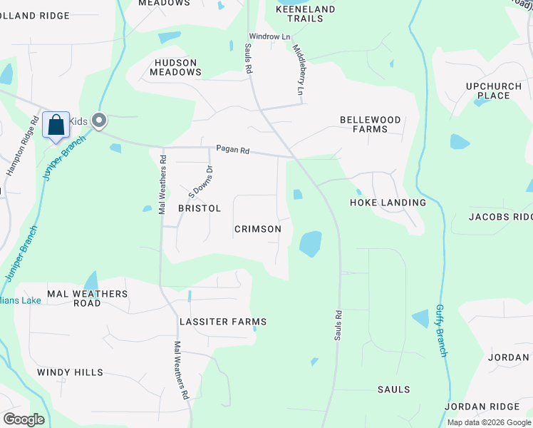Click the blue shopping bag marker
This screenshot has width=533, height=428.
coord(56,126)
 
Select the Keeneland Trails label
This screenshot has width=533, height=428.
coord(299,14)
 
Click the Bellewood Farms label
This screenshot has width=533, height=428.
coord(370,124)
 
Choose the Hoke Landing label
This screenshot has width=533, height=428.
coord(388,203)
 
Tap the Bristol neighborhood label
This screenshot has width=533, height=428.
coord(200,208)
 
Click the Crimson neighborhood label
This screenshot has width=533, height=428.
coord(258,229)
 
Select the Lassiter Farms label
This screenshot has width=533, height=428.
coord(223,322)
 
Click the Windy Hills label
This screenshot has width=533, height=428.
coord(70,372)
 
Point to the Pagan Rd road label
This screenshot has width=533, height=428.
coord(233,150)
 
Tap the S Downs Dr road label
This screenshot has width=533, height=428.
coord(201,182)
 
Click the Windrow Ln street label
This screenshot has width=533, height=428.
coord(269,36)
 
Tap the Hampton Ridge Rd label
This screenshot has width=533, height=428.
coord(21,146)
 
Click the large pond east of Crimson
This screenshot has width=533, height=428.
coord(310,244)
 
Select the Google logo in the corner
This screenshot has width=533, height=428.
coord(24,419)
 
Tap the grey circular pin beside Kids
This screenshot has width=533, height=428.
coord(99,121)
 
